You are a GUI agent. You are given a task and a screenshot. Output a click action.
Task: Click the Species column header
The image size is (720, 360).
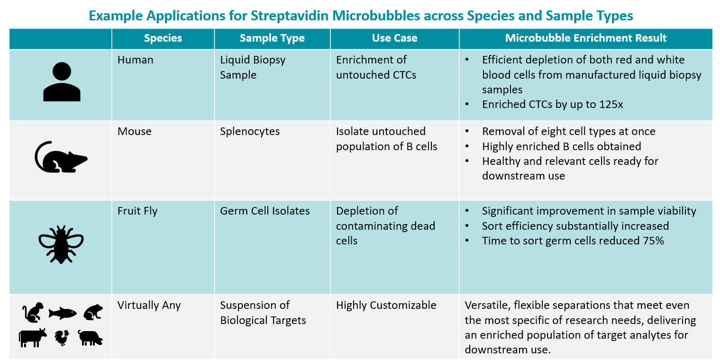[163, 38]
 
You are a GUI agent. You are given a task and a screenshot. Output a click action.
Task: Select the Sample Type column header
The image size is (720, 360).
[272, 38]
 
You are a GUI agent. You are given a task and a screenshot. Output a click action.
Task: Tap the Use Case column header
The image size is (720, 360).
[394, 38]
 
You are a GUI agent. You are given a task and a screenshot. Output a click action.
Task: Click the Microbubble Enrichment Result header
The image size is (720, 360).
[586, 38]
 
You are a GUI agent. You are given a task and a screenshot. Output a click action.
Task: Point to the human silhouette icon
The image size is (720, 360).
[62, 82]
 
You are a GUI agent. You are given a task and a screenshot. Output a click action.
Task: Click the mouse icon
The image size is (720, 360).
[61, 157]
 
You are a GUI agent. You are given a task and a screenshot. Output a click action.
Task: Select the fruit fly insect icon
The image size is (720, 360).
[61, 245]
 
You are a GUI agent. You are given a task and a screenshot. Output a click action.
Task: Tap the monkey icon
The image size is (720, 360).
[33, 312]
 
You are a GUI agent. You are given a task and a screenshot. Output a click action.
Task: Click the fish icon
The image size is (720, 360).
[63, 313]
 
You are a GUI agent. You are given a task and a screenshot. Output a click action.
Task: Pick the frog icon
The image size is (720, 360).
[93, 312]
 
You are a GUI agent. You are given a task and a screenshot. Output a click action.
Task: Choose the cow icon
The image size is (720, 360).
[32, 338]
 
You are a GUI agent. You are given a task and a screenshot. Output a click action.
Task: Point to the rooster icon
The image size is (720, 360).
[62, 338]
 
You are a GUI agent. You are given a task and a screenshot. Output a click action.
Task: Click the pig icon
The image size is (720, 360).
[91, 338]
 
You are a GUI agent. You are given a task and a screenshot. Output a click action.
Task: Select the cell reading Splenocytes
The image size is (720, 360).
[250, 131]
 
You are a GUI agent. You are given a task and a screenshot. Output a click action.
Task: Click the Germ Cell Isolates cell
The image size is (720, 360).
[265, 211]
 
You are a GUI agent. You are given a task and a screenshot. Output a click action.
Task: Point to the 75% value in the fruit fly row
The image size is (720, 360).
[653, 241]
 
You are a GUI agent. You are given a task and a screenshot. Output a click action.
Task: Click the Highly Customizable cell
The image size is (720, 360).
[386, 305]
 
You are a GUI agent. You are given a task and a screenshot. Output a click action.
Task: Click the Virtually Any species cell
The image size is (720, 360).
[149, 305]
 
